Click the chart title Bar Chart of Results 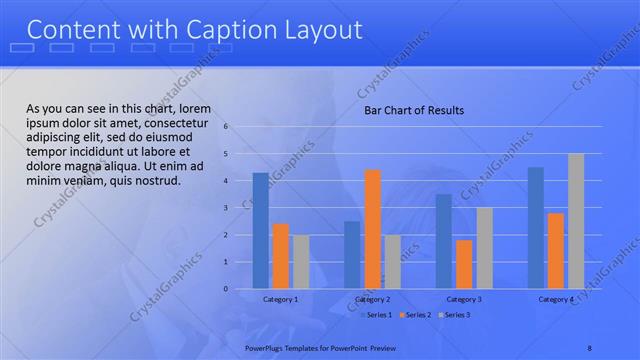point(413,110)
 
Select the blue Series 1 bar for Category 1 point(260,230)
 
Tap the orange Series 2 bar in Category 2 point(372,229)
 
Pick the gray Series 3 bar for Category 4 point(575,221)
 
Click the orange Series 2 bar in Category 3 point(464,264)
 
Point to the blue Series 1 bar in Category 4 point(535,228)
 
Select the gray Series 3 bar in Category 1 point(301,261)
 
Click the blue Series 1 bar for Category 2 point(352,254)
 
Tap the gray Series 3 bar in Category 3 point(484,248)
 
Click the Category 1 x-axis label point(280,299)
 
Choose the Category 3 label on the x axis point(464,299)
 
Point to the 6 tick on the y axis point(227,127)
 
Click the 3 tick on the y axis point(227,208)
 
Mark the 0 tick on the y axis point(227,289)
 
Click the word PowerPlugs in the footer point(266,347)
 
